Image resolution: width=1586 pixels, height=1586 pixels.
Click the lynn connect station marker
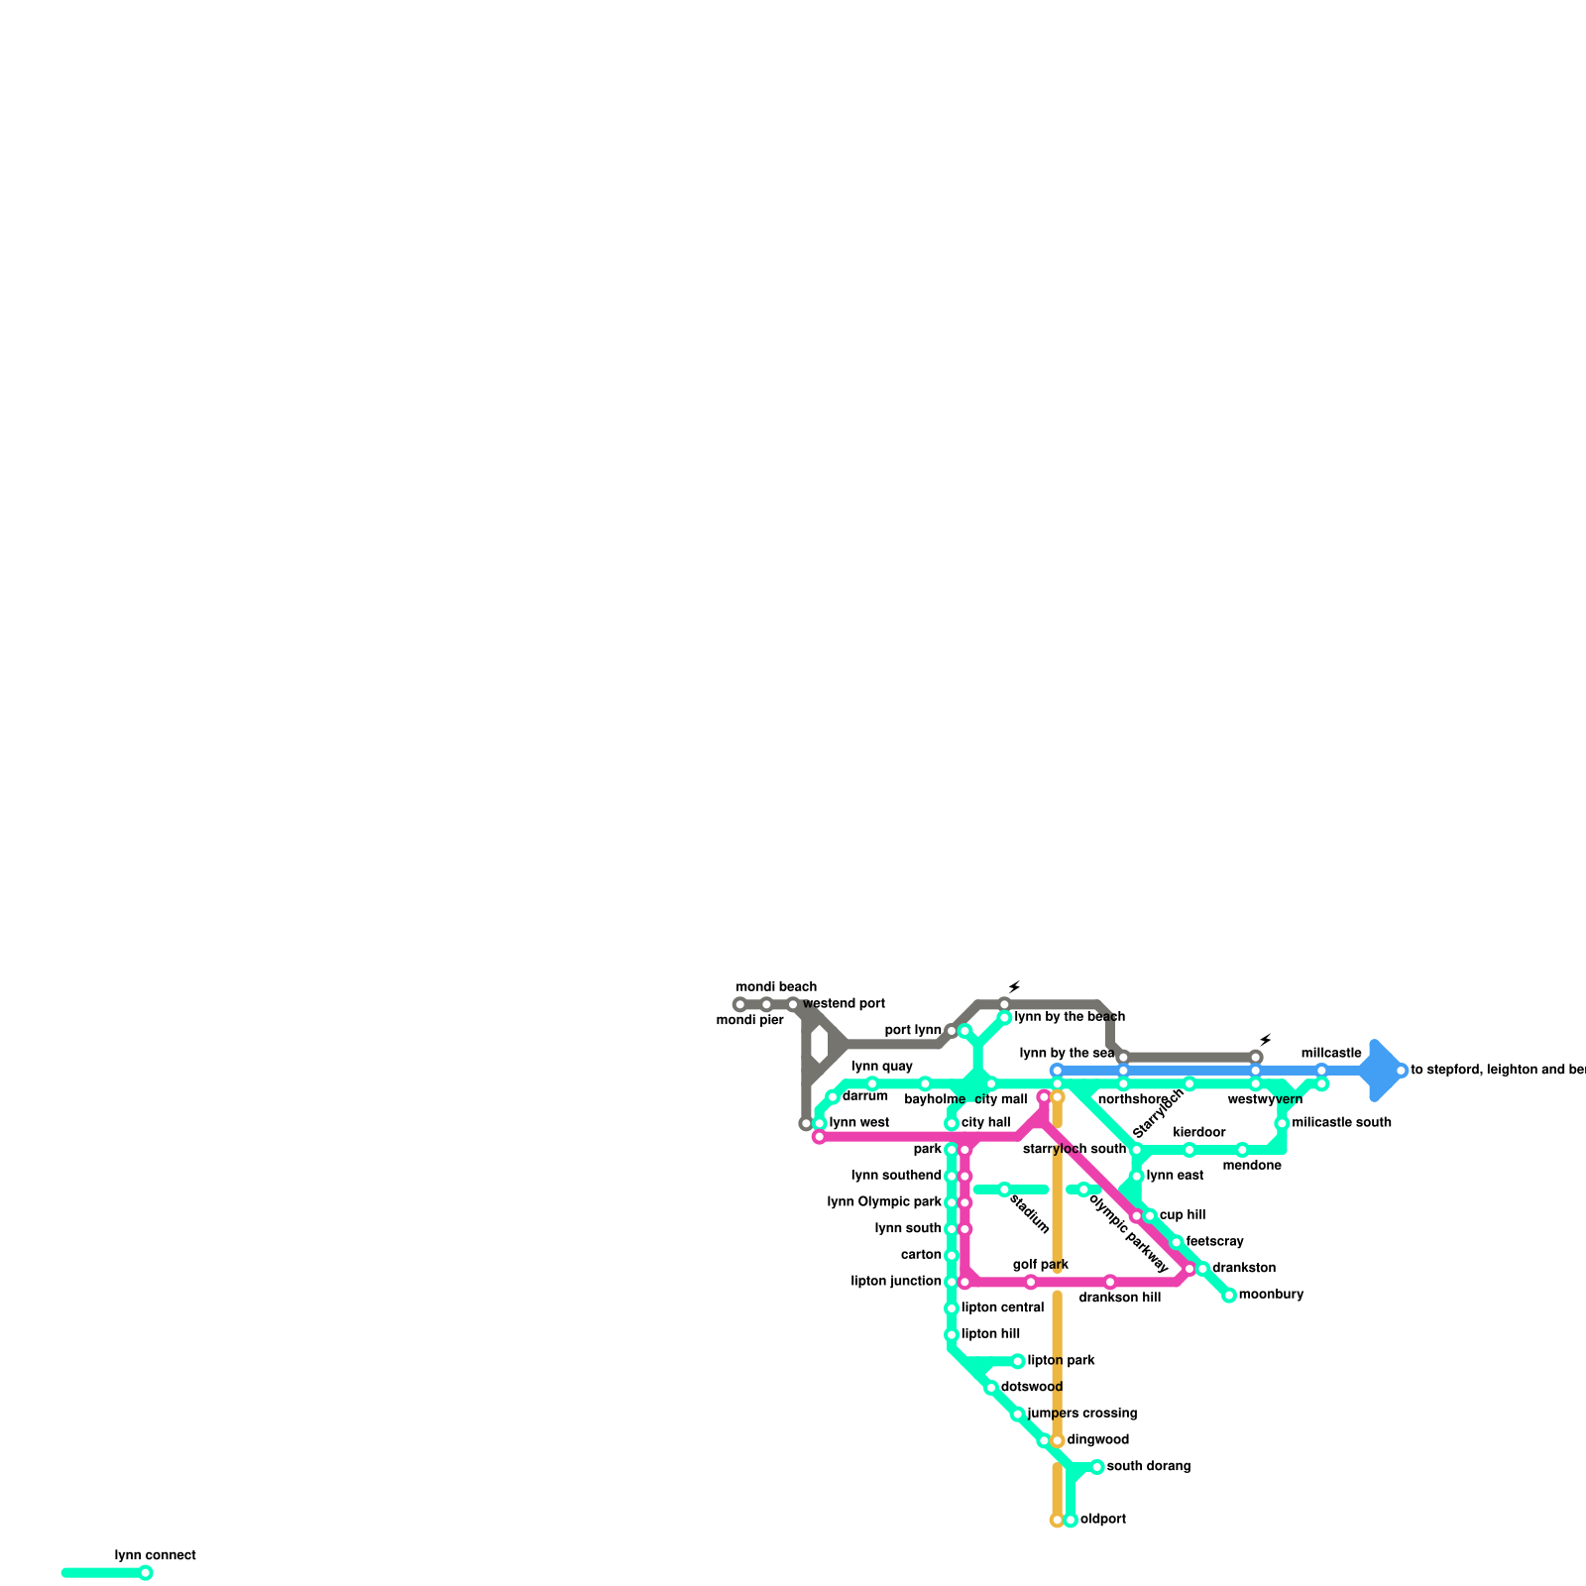pos(146,1572)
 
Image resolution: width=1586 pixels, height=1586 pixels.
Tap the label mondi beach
pos(776,987)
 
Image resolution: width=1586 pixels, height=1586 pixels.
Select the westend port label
pos(844,1004)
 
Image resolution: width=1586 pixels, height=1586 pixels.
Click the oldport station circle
pos(1071,1520)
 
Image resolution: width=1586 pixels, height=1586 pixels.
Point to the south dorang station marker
pos(1096,1467)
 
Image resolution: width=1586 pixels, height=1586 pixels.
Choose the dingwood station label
pos(1098,1440)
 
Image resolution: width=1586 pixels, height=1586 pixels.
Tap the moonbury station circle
pos(1229,1296)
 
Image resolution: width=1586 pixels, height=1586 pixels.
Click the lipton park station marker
pos(1018,1361)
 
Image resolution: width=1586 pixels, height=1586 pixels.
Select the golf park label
pos(1041,1265)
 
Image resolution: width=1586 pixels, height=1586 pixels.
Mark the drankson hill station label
pos(1120,1298)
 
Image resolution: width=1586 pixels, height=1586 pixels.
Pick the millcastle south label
pos(1342,1123)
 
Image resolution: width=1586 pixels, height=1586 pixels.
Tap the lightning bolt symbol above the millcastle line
pos(1265,1040)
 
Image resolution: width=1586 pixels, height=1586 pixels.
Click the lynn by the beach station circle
pos(1004,1018)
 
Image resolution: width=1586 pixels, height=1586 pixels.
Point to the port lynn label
pos(913,1031)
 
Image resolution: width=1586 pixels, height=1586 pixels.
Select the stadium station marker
pos(1004,1189)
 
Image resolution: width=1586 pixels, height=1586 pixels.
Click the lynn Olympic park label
pos(884,1202)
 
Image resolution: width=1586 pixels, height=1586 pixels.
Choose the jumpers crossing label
pos(1082,1414)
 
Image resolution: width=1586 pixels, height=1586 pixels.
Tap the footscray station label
pos(1214,1242)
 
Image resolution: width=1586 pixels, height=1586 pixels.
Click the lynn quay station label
pos(882,1067)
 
